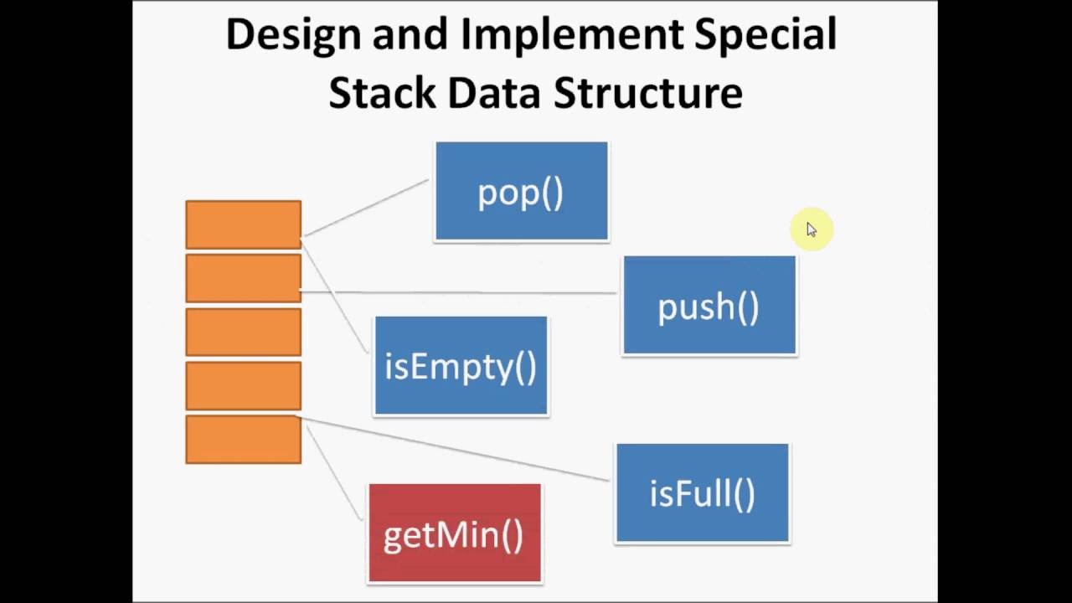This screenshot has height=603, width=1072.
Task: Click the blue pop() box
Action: (521, 192)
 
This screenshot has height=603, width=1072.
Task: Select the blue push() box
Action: (709, 306)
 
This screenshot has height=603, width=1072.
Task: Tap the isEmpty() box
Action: (461, 366)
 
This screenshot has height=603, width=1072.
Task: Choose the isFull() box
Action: (702, 493)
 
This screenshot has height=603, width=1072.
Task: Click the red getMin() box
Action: (454, 533)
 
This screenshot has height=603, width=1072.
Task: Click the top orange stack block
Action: (243, 224)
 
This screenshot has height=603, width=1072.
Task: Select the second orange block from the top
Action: (243, 278)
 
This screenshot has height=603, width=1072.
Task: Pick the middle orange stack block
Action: (243, 332)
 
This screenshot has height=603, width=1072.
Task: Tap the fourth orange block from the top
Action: (243, 385)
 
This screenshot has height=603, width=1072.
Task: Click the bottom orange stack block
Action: (243, 439)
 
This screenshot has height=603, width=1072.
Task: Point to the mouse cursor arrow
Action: (811, 229)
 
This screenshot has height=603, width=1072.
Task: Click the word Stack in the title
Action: (381, 92)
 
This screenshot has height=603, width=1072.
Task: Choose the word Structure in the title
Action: (648, 92)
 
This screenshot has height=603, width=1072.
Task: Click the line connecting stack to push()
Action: (461, 292)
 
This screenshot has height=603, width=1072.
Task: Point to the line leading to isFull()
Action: (452, 448)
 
